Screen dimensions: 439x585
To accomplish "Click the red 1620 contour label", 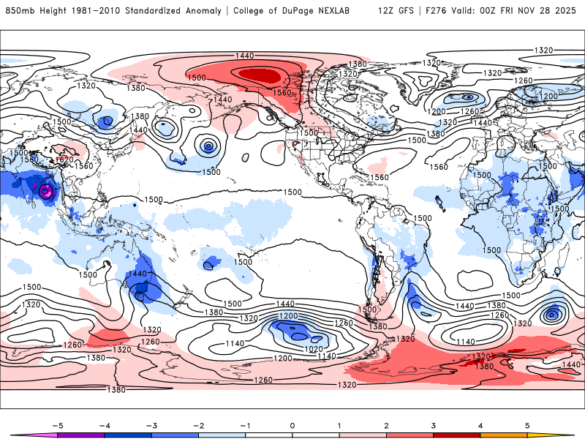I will [65, 160].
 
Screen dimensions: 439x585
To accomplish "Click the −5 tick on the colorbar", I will [56, 424].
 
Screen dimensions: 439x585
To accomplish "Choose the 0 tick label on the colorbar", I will [292, 424].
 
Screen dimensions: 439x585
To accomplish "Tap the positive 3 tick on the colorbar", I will [434, 424].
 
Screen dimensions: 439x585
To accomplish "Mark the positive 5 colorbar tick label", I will [528, 424].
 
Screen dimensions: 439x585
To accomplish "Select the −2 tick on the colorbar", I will [197, 424].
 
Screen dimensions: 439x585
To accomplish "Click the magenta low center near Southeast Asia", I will [47, 192].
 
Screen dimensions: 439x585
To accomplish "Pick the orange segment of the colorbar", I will [504, 435].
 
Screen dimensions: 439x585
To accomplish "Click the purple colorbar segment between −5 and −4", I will [80, 435].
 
